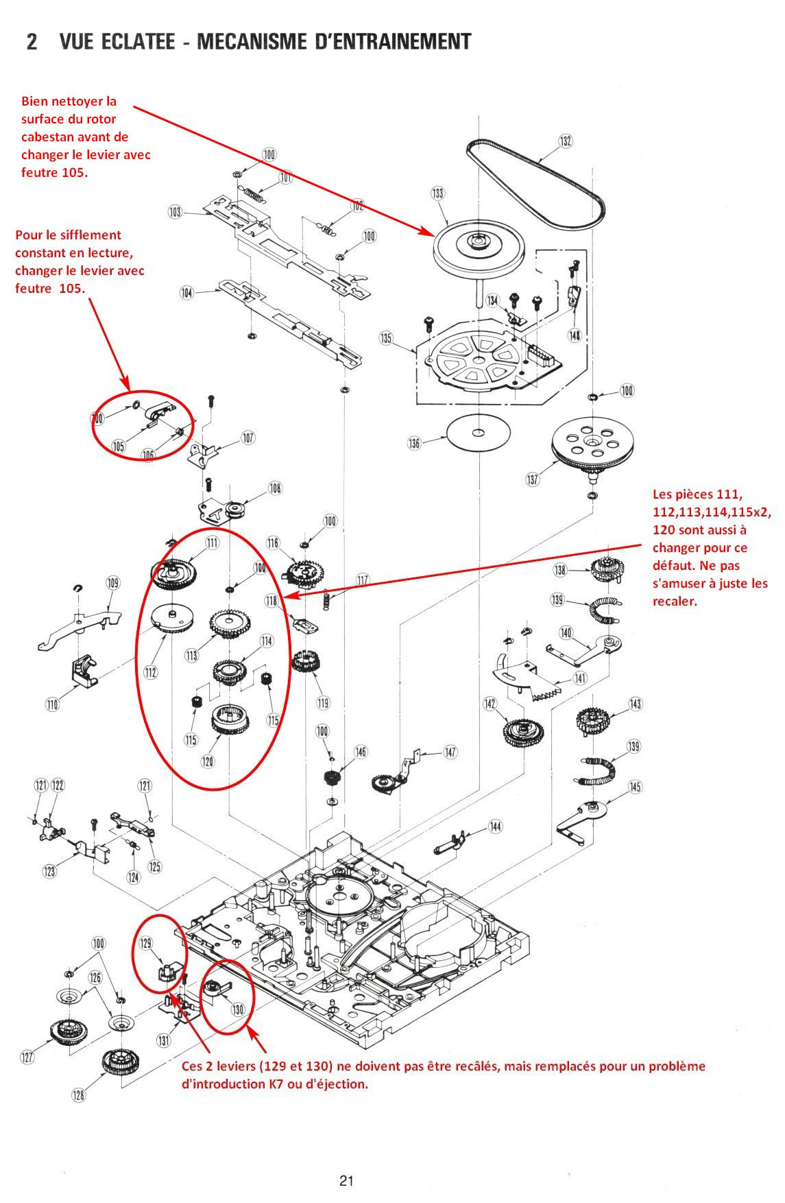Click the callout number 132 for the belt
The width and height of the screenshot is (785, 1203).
pos(565,141)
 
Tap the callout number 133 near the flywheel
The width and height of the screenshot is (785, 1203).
pos(438,193)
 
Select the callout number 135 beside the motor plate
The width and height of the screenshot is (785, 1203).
pos(386,338)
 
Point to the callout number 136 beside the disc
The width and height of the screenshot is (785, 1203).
pos(414,443)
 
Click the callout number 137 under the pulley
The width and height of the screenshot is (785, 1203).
pos(533,479)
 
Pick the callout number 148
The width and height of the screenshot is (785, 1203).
pos(575,335)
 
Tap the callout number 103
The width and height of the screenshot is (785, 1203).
pos(176,212)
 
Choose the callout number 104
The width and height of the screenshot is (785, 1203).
pos(186,293)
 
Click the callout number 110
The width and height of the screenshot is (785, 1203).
pos(53,704)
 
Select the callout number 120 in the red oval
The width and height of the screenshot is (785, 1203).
pos(208,761)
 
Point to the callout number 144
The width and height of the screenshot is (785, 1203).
pos(495,826)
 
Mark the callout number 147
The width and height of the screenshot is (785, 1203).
pos(450,752)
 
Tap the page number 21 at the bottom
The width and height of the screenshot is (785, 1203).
pos(346,1180)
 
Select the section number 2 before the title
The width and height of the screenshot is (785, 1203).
pos(32,42)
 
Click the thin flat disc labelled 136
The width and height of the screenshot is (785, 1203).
pos(479,433)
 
